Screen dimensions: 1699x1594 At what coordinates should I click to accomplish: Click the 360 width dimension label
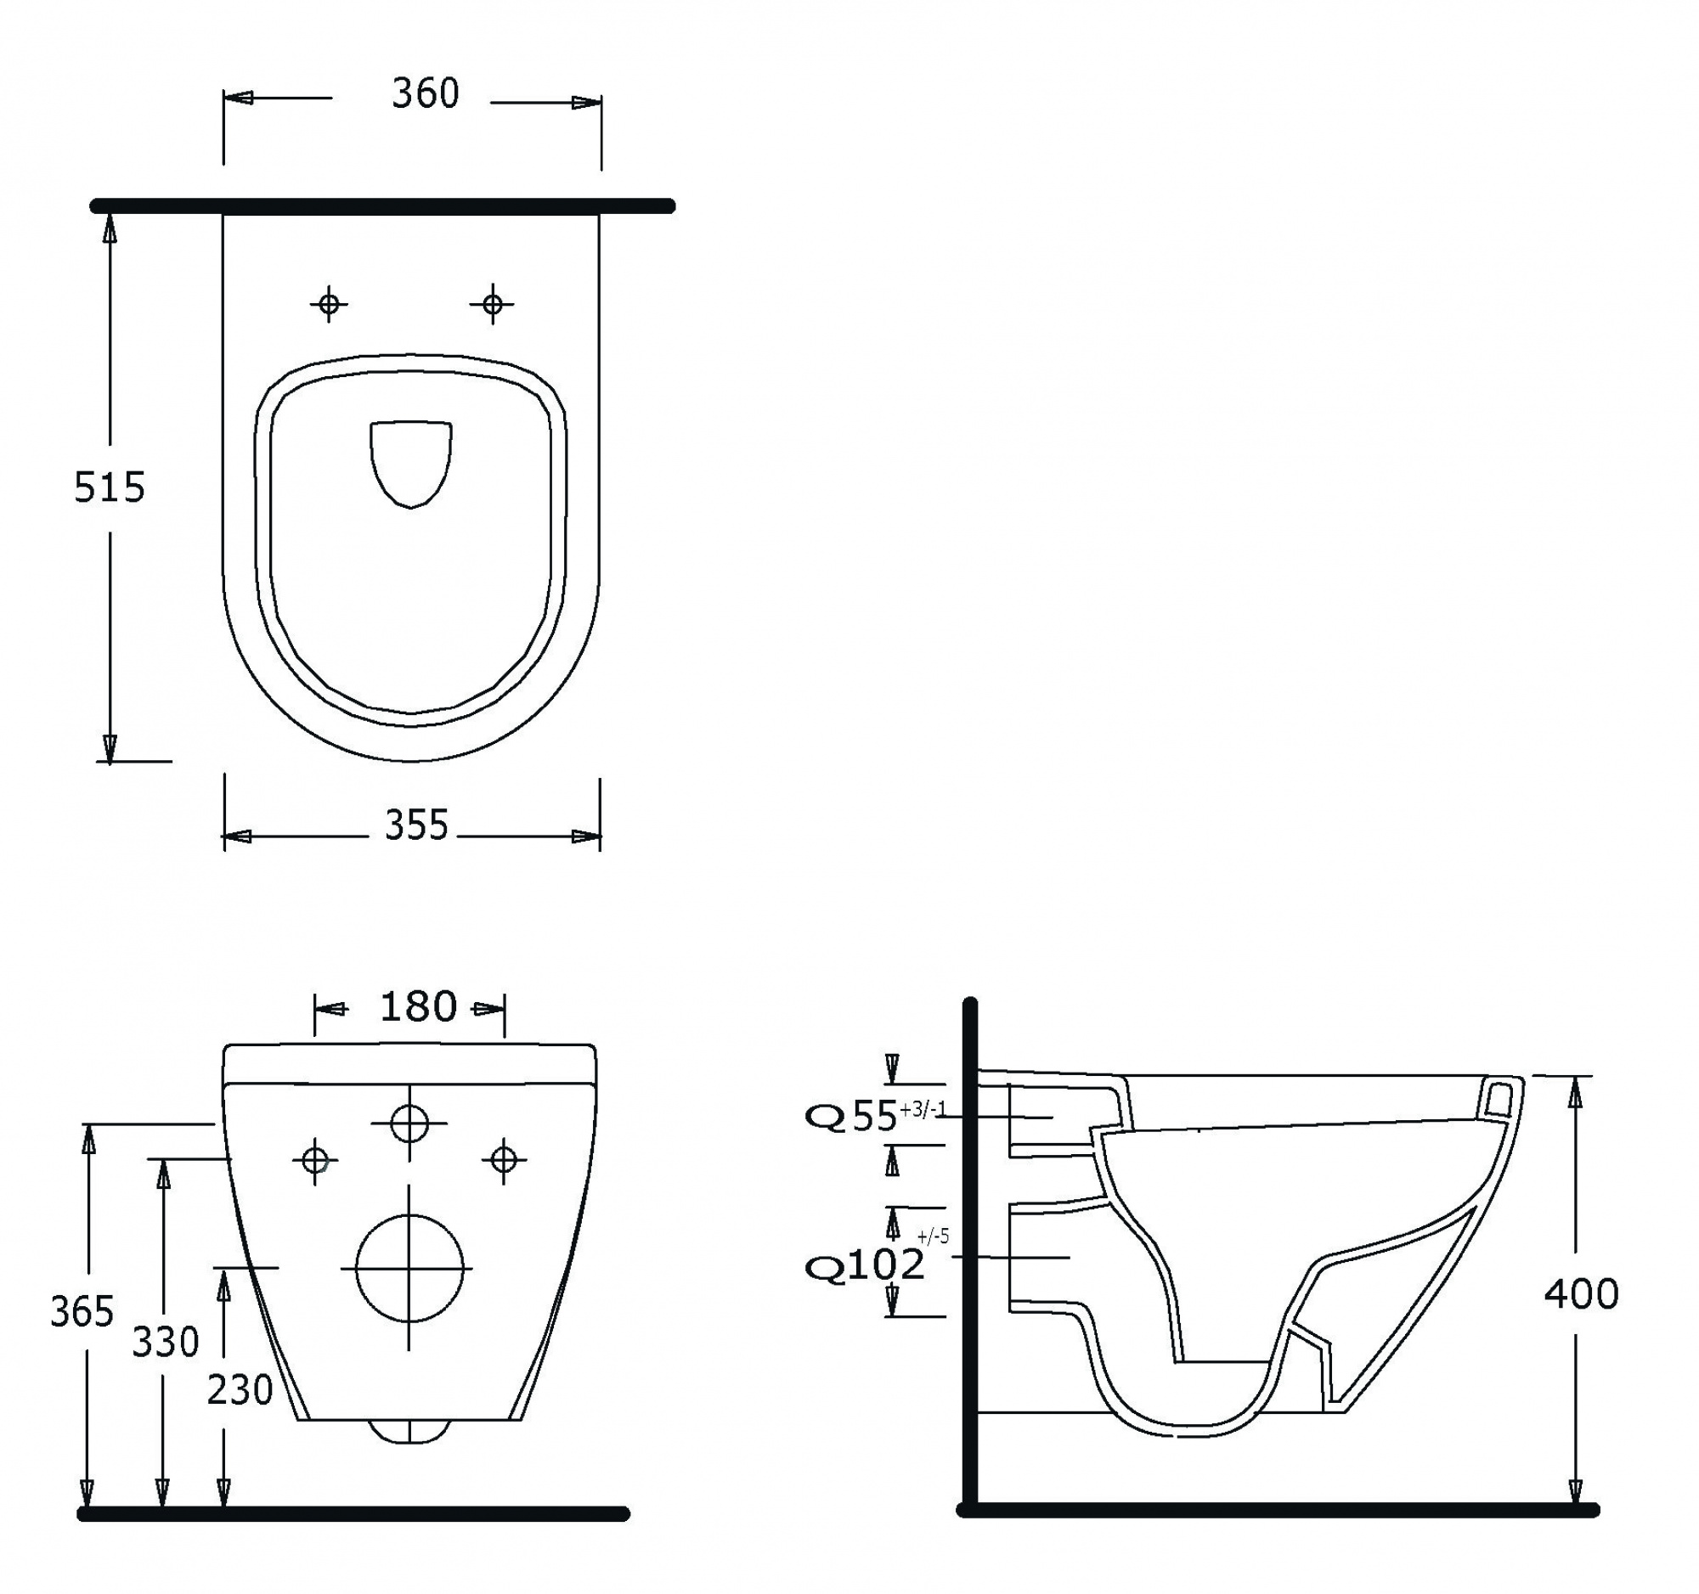click(425, 93)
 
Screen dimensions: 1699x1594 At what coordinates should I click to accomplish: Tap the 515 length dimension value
click(110, 487)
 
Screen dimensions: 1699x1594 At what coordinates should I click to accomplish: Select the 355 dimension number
click(416, 825)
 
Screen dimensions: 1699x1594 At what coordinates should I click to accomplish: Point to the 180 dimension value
click(418, 1007)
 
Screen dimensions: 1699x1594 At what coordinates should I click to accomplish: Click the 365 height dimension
click(82, 1311)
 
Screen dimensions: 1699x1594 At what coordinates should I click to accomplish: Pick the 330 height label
click(165, 1342)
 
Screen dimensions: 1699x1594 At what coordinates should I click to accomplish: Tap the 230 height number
click(240, 1390)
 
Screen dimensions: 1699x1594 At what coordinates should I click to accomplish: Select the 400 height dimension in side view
click(1581, 1294)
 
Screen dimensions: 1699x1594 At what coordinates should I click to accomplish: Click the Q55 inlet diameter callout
click(876, 1116)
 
